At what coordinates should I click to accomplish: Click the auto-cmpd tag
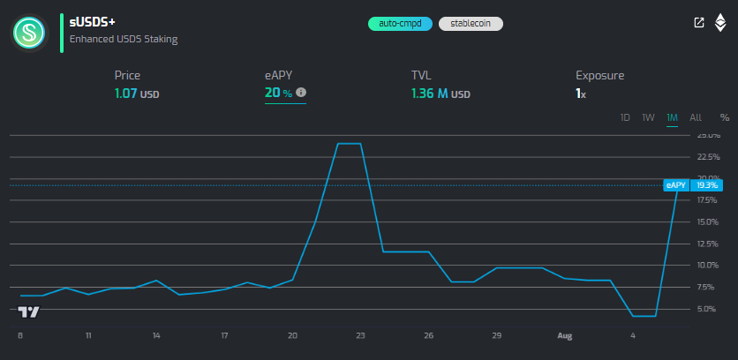400,24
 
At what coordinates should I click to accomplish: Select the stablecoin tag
470,24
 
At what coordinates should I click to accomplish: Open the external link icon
699,23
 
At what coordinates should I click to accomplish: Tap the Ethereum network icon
720,23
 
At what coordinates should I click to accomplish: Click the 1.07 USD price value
137,93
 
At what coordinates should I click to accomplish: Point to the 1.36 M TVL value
441,93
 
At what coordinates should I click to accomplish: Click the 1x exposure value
581,93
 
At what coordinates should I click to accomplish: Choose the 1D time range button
625,117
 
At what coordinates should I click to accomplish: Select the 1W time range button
648,117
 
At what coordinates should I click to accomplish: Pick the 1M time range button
672,117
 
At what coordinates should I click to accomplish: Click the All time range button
696,117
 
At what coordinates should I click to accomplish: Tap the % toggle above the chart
725,117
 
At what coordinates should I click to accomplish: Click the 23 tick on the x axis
360,335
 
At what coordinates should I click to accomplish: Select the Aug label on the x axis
565,335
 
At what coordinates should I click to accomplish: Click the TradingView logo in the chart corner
29,311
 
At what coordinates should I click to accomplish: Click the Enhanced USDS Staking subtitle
124,39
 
